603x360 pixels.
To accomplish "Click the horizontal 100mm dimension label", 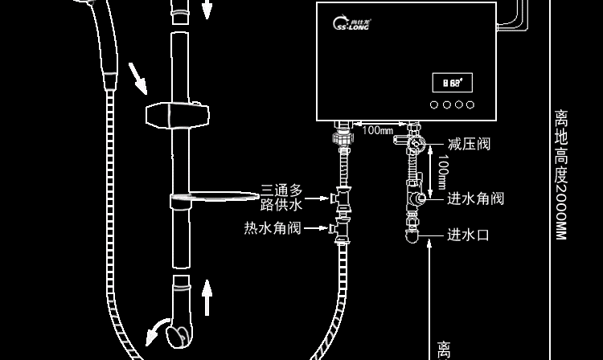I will (x=377, y=130).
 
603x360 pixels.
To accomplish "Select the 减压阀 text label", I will (x=469, y=145).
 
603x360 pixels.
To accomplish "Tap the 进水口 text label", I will (x=468, y=235).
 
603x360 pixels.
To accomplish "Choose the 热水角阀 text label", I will (x=273, y=229).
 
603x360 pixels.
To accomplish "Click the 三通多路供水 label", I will (x=281, y=198).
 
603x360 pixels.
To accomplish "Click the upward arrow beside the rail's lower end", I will (x=207, y=297).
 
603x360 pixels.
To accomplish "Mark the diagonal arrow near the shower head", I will (x=138, y=77).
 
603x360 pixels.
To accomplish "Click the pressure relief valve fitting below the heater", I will (x=413, y=144).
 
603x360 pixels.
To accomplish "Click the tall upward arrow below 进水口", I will (x=431, y=297).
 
